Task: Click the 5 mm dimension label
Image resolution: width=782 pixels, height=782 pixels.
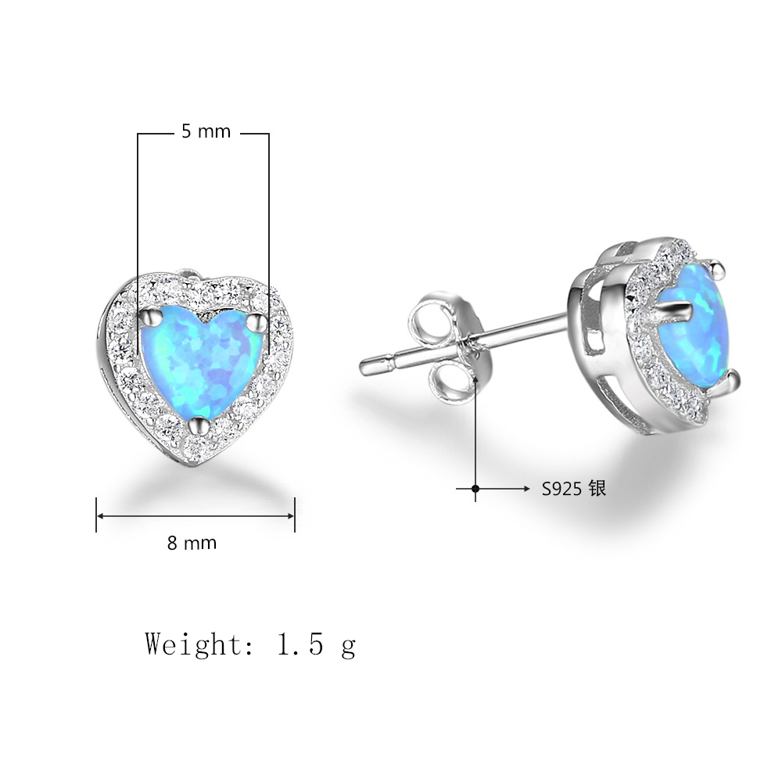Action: click(206, 131)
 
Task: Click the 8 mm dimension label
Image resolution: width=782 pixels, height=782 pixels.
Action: click(192, 543)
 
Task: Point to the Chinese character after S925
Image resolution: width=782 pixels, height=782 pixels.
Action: click(597, 488)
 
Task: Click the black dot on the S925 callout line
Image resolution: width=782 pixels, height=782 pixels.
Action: click(475, 489)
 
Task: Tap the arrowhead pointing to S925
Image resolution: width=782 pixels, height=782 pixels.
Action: click(526, 489)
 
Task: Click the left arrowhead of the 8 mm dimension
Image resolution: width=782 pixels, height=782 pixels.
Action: click(100, 515)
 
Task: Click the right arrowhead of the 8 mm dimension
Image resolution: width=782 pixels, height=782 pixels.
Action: click(291, 515)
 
